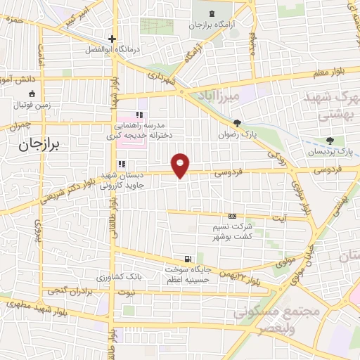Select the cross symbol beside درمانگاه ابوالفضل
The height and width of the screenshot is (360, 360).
click(111, 39)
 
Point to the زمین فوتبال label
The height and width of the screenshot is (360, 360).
click(31, 107)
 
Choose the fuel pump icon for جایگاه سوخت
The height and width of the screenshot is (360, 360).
click(187, 258)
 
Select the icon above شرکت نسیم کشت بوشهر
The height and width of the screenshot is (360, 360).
click(233, 217)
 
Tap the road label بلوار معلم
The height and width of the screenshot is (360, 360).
click(323, 70)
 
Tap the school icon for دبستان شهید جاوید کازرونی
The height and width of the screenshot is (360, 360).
click(122, 164)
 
